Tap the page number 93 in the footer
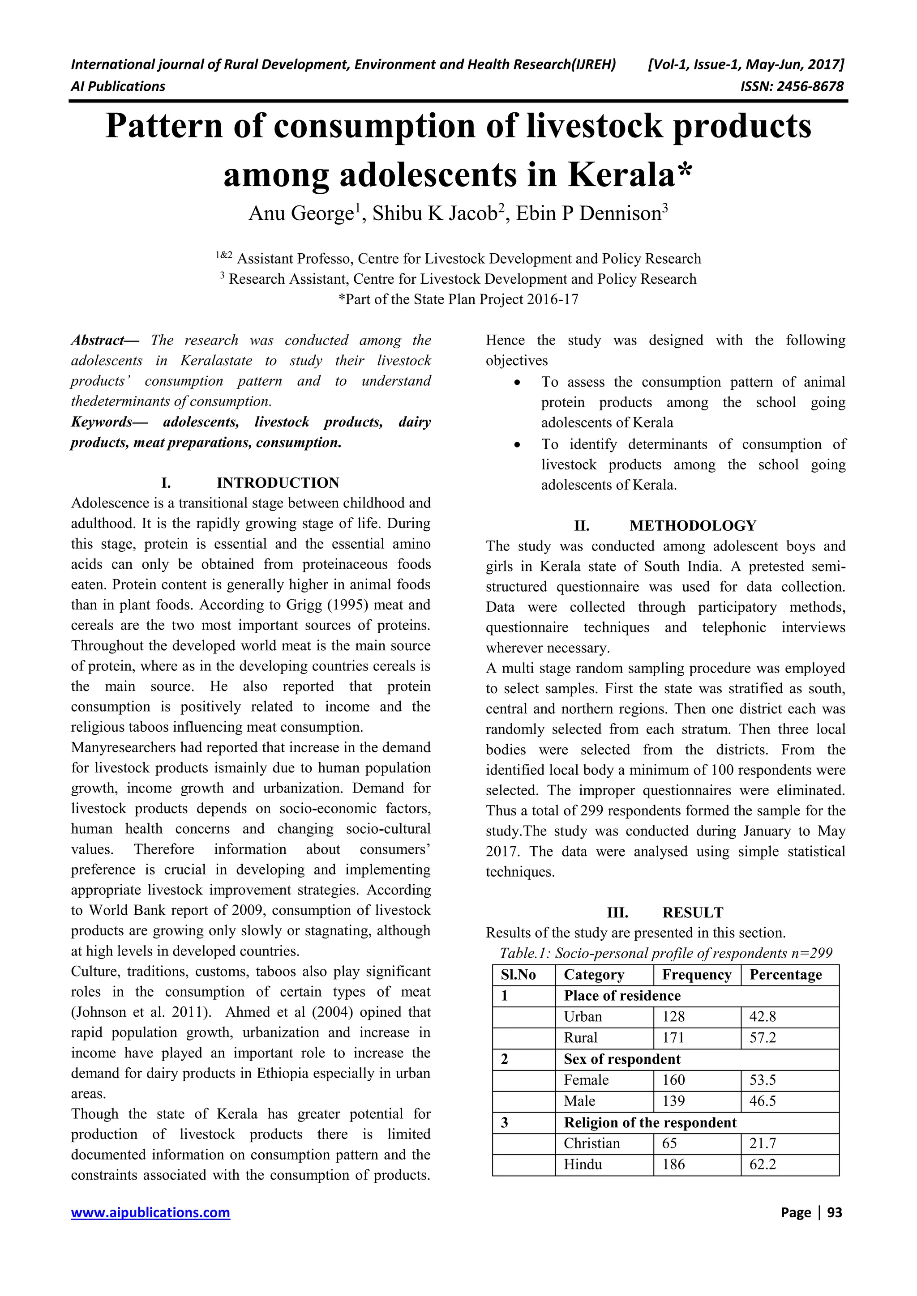coord(834,1212)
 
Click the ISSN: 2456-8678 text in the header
coord(792,86)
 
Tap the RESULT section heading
coord(692,913)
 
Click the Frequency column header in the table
coord(696,975)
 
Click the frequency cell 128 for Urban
coord(673,1017)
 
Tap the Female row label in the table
coord(586,1080)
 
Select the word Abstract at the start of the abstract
coord(97,341)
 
